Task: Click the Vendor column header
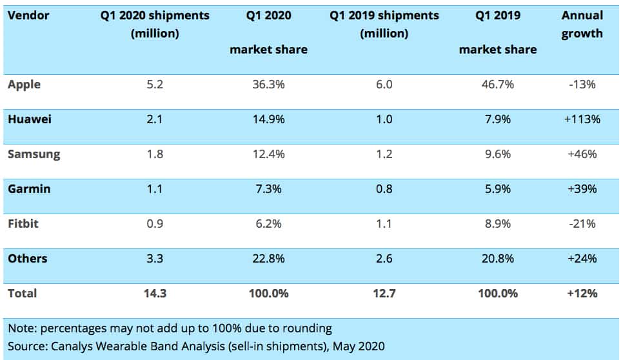pos(28,15)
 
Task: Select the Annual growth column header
pos(582,24)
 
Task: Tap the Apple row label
pos(24,85)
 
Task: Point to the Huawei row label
pos(30,119)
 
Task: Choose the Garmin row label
pos(29,189)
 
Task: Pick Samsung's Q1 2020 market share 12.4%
pos(268,154)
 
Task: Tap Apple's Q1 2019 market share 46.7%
pos(497,85)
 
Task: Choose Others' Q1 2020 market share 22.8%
pos(268,259)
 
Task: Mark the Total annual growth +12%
pos(582,294)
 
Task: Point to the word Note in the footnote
pos(21,328)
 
